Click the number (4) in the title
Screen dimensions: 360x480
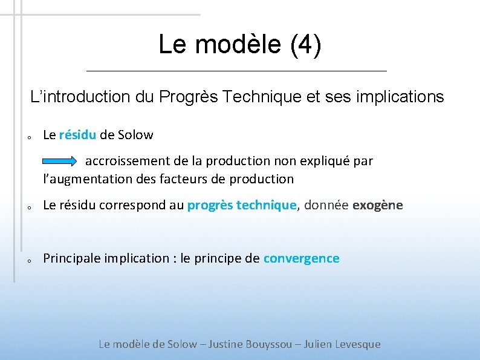[x=306, y=45]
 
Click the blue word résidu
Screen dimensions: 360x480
[x=77, y=135]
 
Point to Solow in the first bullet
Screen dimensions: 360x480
[x=135, y=135]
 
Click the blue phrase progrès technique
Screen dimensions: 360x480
[x=242, y=205]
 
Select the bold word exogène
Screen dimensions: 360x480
[x=377, y=205]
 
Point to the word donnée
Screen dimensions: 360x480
[x=326, y=205]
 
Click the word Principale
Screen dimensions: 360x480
[x=72, y=259]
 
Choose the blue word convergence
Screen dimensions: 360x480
[x=301, y=259]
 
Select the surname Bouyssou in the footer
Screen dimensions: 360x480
[x=271, y=344]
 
